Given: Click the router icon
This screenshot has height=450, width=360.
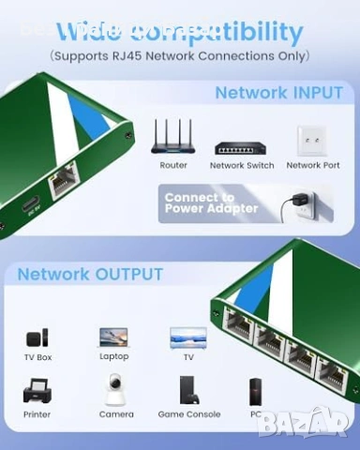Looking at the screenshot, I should tap(173, 137).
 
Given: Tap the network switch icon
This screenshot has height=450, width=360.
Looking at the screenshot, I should tap(242, 147).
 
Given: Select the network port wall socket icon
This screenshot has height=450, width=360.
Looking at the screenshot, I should tap(312, 141).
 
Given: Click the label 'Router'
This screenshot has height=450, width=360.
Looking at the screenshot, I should tap(173, 166).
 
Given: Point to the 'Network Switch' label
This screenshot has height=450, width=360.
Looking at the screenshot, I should tap(242, 166).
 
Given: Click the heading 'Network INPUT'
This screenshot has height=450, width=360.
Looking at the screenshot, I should tap(278, 93).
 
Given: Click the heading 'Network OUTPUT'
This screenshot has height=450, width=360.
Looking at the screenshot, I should tap(90, 275).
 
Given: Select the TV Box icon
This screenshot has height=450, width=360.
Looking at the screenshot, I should tap(37, 337).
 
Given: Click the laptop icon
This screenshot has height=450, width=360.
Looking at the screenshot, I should tap(113, 337).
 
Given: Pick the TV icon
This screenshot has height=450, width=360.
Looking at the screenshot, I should tap(188, 337).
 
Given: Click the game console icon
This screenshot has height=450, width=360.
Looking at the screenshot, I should tap(189, 390).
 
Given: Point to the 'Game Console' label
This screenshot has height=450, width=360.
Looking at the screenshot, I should tap(189, 414).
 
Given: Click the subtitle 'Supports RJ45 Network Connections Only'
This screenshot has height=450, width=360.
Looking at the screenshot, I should tap(179, 56).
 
